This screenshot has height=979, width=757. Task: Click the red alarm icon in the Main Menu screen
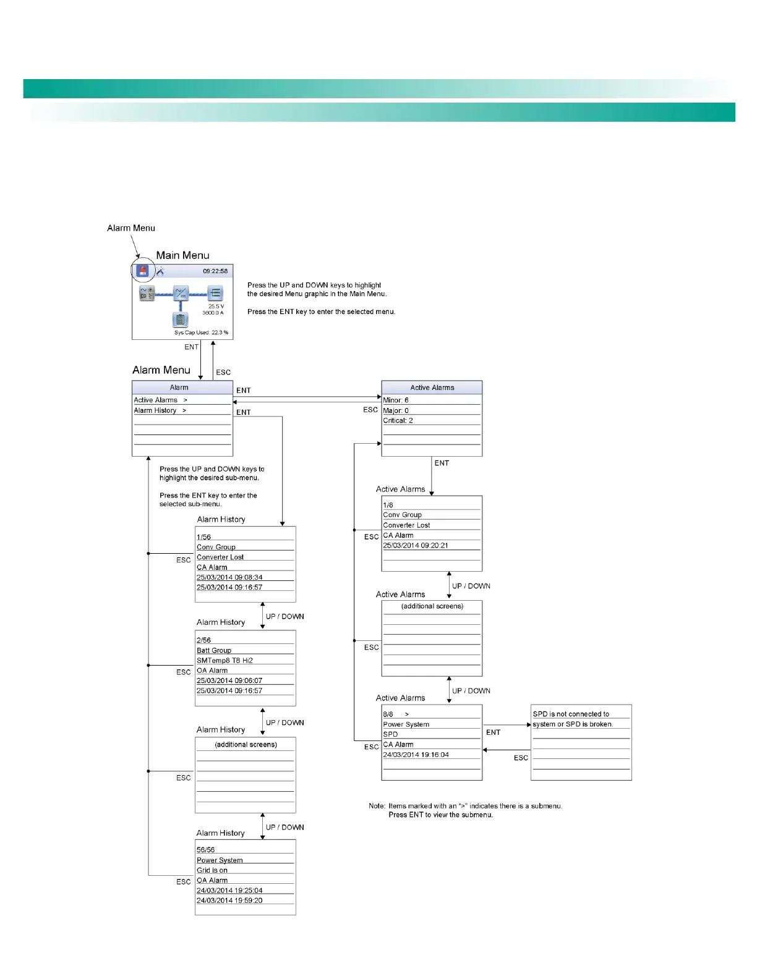pos(143,271)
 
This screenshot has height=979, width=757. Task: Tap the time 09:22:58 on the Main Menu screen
pos(215,271)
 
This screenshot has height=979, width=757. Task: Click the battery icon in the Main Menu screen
pos(180,320)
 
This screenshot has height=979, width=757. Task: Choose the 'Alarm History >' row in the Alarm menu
pos(160,410)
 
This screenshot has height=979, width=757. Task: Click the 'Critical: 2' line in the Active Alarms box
pos(398,421)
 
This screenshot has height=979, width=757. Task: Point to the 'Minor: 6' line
pos(396,400)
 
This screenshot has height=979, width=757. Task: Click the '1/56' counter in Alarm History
pos(204,537)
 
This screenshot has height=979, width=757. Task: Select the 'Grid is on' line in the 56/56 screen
pos(212,870)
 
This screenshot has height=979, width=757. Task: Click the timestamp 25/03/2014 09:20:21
pos(416,546)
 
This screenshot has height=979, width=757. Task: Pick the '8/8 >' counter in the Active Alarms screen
pos(396,714)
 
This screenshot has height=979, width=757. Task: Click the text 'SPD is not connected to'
pos(571,714)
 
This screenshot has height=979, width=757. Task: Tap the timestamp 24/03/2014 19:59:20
pos(229,901)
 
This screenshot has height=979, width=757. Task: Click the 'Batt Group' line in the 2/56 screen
pos(214,651)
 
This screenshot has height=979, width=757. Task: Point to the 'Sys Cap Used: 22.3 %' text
pos(201,333)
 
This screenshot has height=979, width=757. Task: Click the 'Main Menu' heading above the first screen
pos(182,255)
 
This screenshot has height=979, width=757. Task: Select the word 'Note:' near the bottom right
pos(377,806)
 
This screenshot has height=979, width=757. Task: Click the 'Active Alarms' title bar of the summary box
pos(432,388)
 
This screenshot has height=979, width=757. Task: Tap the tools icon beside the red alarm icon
pos(160,271)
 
